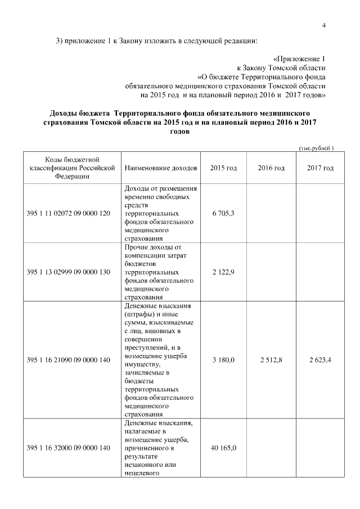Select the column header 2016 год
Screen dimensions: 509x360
271,168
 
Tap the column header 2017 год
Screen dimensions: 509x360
321,168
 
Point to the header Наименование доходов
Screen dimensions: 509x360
161,168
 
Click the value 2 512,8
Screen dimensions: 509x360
271,359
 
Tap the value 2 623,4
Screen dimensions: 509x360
321,359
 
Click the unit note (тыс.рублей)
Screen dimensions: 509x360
316,148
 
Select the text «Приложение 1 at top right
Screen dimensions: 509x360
299,58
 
